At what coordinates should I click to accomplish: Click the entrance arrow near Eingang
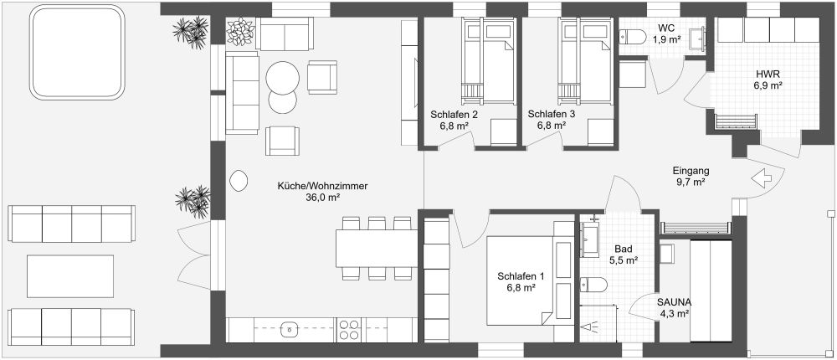(x=762, y=178)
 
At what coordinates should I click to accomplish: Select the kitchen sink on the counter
(x=290, y=330)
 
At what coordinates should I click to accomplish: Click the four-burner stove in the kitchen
(x=349, y=330)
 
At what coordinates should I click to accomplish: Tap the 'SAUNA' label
(x=673, y=301)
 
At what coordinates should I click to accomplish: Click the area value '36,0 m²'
(x=322, y=198)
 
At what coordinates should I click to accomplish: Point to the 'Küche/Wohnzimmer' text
(x=322, y=186)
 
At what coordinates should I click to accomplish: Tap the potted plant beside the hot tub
(x=189, y=33)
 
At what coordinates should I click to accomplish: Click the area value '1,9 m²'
(x=666, y=39)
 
